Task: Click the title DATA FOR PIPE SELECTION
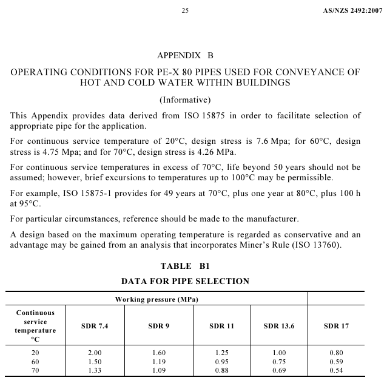pyautogui.click(x=185, y=281)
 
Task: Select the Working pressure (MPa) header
pyautogui.click(x=157, y=299)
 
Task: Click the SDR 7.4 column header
pyautogui.click(x=94, y=326)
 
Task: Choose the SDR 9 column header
pyautogui.click(x=158, y=326)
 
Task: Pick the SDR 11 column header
pyautogui.click(x=221, y=326)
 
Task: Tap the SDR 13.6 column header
pyautogui.click(x=279, y=326)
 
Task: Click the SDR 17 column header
pyautogui.click(x=336, y=326)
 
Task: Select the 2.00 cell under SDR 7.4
pyautogui.click(x=94, y=352)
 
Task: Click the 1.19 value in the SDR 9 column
pyautogui.click(x=158, y=361)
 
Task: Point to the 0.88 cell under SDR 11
pyautogui.click(x=221, y=370)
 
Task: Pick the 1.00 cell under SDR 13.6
pyautogui.click(x=279, y=352)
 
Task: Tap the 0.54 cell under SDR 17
pyautogui.click(x=336, y=370)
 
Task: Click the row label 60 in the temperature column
pyautogui.click(x=35, y=361)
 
